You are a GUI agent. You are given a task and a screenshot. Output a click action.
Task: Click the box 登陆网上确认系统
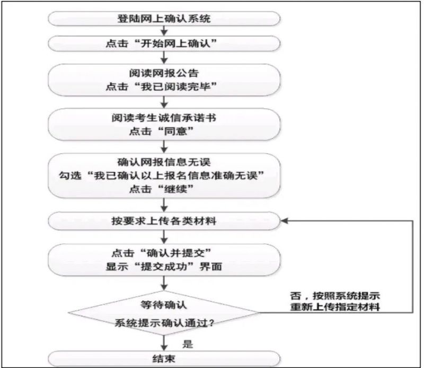tap(164, 19)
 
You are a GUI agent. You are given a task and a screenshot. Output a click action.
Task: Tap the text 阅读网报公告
tap(164, 73)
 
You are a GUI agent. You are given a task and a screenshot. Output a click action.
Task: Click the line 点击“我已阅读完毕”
tap(162, 87)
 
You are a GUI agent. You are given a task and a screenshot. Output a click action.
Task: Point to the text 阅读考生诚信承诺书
tap(164, 118)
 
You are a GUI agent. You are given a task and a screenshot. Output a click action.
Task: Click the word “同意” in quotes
tap(175, 132)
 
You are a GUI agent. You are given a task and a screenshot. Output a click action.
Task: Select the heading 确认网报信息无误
tap(164, 162)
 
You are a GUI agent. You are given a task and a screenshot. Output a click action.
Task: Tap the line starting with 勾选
tap(162, 175)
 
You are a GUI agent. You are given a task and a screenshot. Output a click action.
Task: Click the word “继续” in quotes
tap(175, 189)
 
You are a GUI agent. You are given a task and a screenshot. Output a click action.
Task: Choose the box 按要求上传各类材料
tap(164, 221)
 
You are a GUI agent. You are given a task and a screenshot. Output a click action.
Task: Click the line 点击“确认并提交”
tap(162, 253)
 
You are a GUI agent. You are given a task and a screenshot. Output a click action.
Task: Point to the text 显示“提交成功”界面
tap(164, 267)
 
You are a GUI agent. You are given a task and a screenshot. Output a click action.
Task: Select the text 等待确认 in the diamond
tap(164, 305)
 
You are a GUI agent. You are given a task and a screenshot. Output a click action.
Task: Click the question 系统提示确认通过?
tap(164, 323)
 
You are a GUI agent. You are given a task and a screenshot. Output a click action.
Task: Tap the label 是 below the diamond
tap(188, 344)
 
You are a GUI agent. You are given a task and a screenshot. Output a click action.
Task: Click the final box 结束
tap(164, 359)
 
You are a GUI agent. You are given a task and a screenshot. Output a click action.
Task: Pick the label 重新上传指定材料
tap(335, 307)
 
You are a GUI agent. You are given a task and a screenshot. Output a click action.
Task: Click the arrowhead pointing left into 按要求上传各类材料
tap(285, 221)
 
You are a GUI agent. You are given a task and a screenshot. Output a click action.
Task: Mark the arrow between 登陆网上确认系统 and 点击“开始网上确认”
tap(164, 31)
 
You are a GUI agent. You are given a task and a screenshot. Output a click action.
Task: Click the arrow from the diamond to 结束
tap(164, 343)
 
